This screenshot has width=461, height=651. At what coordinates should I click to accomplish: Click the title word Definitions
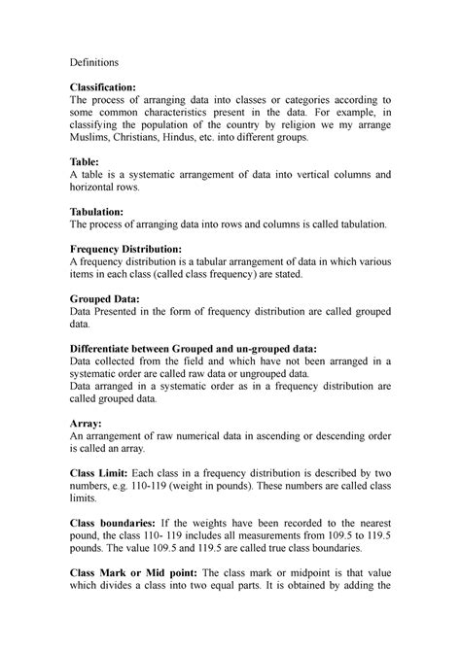point(93,61)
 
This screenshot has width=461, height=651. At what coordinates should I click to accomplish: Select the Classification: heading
point(109,86)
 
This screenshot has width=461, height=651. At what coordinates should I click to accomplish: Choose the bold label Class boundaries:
point(120,525)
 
